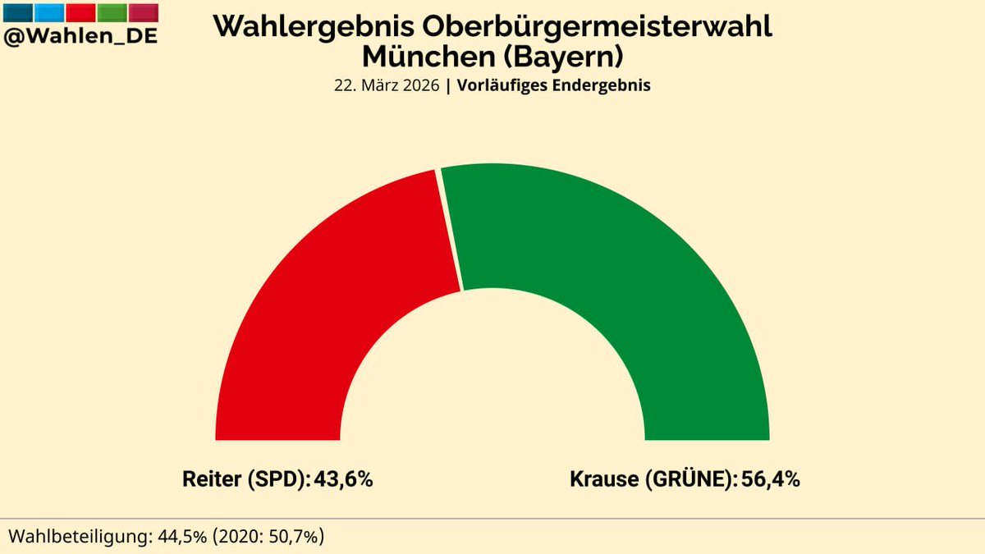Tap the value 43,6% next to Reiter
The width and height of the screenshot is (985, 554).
point(344,479)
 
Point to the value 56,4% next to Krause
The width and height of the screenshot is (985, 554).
point(771,479)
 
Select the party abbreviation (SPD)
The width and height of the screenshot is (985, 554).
point(277,479)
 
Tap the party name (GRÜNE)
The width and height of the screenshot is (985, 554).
point(693,479)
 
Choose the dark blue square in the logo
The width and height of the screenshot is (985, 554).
point(18,12)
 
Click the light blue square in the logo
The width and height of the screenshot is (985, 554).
point(49,12)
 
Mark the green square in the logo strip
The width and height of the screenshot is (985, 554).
point(112,12)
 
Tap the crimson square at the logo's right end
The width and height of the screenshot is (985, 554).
point(144,12)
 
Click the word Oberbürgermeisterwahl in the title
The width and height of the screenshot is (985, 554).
point(597,26)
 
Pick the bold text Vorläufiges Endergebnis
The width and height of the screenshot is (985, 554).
point(554,85)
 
